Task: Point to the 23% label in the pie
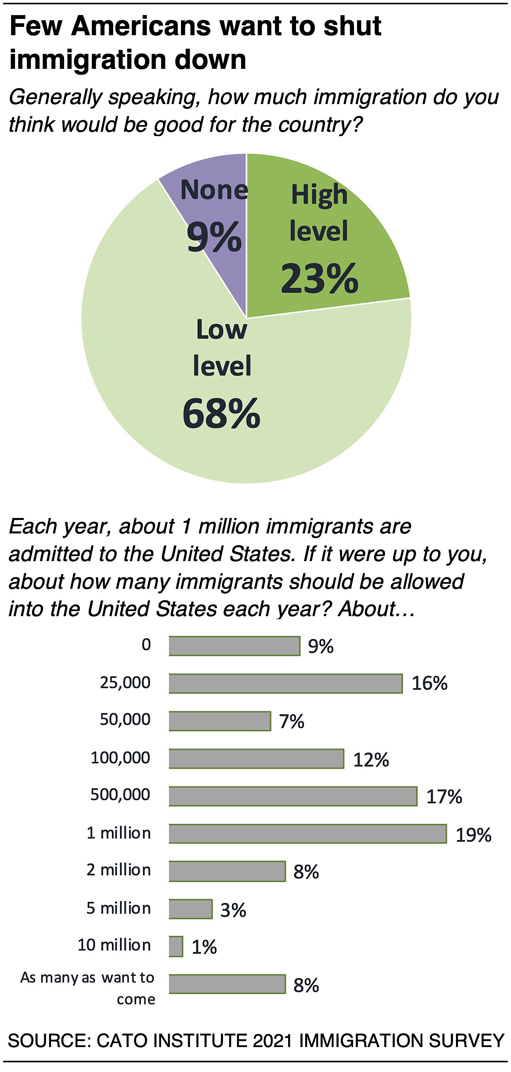319,278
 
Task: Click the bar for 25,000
285,683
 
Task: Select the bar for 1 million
308,833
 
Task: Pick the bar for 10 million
176,946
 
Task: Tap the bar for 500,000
293,796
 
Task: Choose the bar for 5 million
190,909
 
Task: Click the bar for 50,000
220,721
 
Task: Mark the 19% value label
473,835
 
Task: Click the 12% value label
371,760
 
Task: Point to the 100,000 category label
120,758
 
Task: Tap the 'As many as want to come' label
88,988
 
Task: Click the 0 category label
146,645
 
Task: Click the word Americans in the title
141,26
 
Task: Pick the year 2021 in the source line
272,1040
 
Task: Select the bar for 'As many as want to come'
227,984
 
